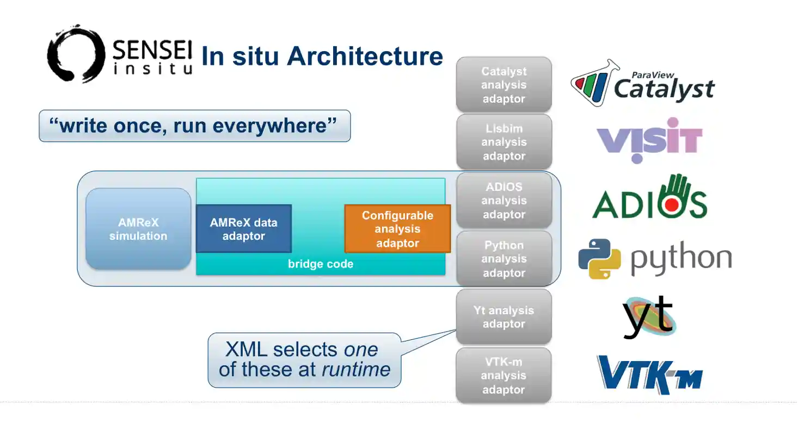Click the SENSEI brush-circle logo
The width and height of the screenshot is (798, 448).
(x=76, y=54)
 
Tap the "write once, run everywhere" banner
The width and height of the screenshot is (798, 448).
(x=194, y=126)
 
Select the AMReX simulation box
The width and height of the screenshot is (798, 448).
(x=138, y=229)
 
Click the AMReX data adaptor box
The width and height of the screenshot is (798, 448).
(x=243, y=229)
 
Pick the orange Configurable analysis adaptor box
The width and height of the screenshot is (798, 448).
(x=397, y=229)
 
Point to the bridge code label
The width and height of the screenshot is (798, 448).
(x=320, y=264)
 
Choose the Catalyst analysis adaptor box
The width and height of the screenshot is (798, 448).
(x=504, y=85)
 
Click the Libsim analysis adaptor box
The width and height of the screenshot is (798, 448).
(x=504, y=142)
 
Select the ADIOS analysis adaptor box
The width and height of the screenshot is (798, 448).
(x=504, y=200)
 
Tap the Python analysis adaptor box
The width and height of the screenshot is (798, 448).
(x=504, y=259)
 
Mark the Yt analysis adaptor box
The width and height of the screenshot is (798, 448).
(x=504, y=317)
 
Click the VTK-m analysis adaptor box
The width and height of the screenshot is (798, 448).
(x=504, y=375)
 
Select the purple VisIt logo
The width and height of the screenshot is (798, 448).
(x=649, y=140)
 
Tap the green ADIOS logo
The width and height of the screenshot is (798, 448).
(x=649, y=198)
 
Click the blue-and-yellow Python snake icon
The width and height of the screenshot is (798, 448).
(x=599, y=259)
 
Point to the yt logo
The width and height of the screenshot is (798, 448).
(x=648, y=316)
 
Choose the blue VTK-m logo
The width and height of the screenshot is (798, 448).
(x=649, y=374)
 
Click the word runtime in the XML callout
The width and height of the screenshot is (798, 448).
(x=356, y=370)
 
